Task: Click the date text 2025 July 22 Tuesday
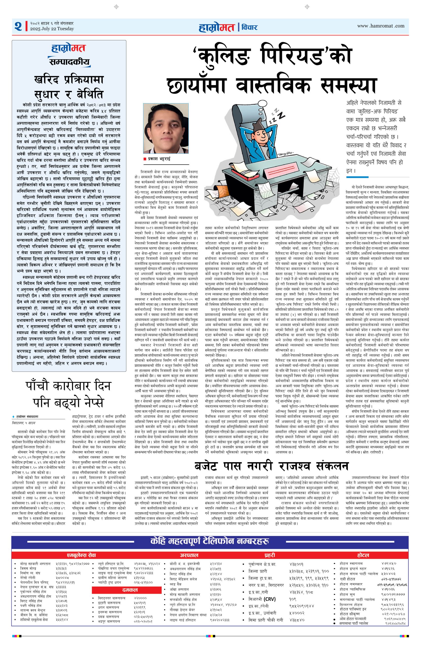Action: tap(52, 29)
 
